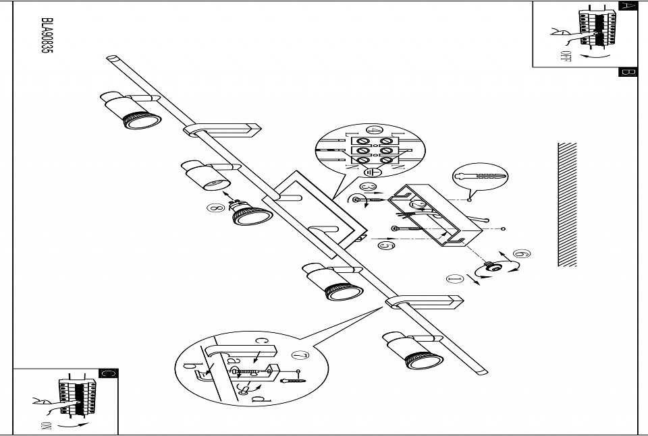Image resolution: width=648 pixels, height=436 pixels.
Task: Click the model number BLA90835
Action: pos(47,44)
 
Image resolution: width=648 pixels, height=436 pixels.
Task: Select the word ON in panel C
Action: pos(47,425)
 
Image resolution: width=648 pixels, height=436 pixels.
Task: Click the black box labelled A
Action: pos(628,6)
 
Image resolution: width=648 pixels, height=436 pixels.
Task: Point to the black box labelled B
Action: pos(628,72)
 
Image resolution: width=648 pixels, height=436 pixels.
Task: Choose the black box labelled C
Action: pos(108,373)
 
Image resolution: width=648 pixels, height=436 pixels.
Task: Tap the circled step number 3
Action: pos(368,186)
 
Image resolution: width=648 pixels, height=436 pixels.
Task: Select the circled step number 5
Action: pos(386,246)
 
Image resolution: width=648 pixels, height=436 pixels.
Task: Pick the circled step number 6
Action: pos(522,254)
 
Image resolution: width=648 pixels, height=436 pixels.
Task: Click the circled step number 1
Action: pos(454,277)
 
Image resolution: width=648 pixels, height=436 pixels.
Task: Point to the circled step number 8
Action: pos(215,208)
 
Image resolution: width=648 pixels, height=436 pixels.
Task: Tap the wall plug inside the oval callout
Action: pos(481,175)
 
